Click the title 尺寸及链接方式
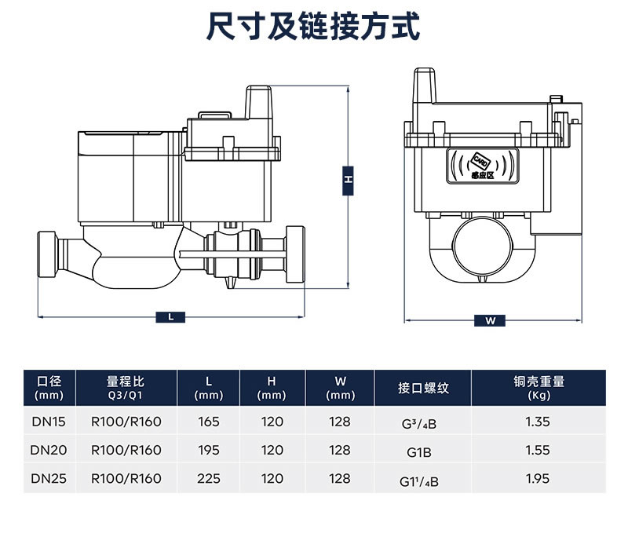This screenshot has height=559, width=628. coord(313,27)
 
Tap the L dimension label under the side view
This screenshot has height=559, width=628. coord(170,317)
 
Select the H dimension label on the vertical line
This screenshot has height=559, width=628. coord(348,180)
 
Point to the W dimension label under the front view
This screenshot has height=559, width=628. coord(491,320)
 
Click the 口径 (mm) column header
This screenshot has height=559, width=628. coord(49,388)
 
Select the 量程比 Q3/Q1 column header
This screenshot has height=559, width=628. coord(126,388)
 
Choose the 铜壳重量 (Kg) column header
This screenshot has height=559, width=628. coord(539,388)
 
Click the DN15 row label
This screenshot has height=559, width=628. coord(49,422)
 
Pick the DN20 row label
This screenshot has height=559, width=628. coord(49,451)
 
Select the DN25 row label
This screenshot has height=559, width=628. coord(49,478)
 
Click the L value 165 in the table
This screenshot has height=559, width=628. coord(209,422)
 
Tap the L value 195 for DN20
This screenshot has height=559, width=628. coord(209,451)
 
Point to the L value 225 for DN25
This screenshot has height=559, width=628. coord(209,478)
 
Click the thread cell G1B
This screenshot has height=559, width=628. coord(419,452)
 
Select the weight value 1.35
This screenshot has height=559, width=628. coord(538,422)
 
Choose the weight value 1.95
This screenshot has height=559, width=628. coord(538,478)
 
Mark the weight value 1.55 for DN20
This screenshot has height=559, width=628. coord(538,451)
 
